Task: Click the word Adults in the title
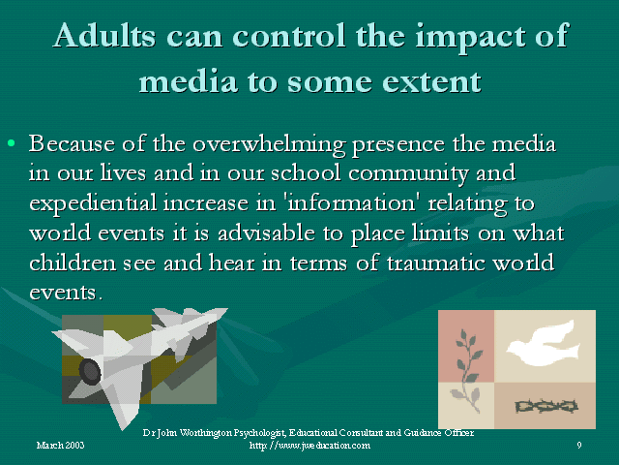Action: point(104,35)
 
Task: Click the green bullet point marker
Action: point(11,142)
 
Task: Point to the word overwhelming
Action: point(269,144)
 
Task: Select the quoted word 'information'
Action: point(352,202)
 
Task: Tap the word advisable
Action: point(266,232)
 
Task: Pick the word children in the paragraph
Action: point(73,263)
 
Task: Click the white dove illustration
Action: point(544,343)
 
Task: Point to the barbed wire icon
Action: point(546,407)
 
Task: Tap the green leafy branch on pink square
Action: point(467,356)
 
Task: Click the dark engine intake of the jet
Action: point(90,372)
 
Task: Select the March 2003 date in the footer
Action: point(60,446)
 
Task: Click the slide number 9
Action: point(579,446)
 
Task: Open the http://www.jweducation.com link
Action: point(309,446)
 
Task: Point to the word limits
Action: point(440,232)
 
